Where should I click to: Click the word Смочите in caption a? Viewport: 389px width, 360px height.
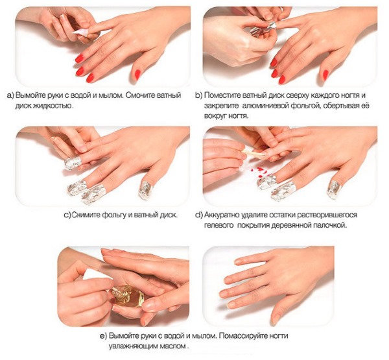point(150,95)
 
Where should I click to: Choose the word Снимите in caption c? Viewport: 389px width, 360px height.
point(87,215)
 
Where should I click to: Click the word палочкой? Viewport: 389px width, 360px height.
point(331,225)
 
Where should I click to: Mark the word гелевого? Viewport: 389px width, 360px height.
point(225,225)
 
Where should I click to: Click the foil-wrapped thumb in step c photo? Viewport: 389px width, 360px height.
point(147,187)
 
